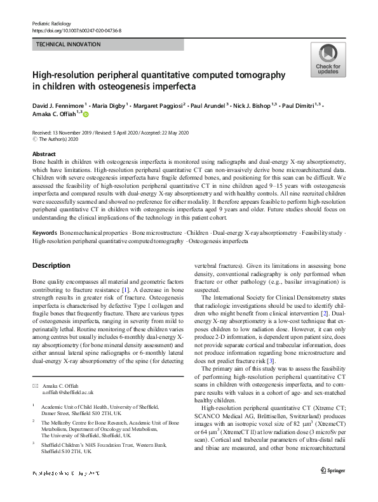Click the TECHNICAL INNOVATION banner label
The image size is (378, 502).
pyautogui.click(x=69, y=44)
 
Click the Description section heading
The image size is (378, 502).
pyautogui.click(x=53, y=265)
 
